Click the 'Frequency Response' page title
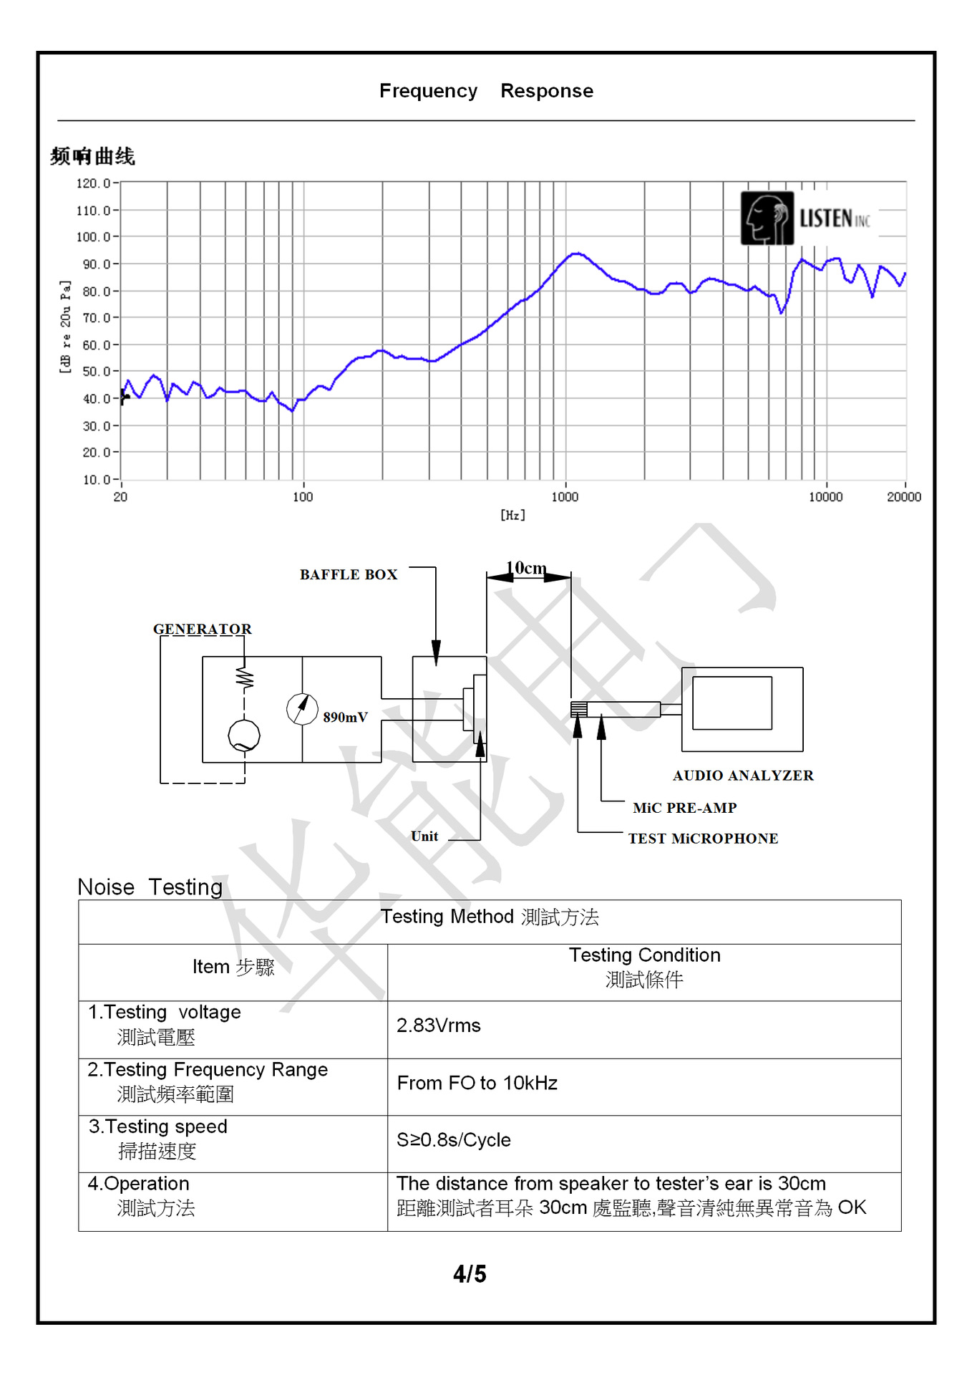tap(486, 91)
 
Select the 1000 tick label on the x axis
tap(565, 497)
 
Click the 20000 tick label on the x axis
tap(904, 497)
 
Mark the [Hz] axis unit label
tap(512, 515)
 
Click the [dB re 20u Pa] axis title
tap(65, 327)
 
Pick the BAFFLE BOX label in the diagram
tap(349, 574)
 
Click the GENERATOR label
tap(203, 629)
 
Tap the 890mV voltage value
tap(345, 717)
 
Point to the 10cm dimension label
tap(527, 568)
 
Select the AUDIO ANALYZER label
tap(743, 775)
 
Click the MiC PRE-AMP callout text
tap(684, 808)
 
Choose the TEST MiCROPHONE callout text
tap(703, 839)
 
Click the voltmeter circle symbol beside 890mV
tap(302, 709)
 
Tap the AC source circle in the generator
tap(244, 735)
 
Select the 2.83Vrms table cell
tap(439, 1026)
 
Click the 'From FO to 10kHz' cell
tap(477, 1083)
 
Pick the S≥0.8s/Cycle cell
tap(454, 1140)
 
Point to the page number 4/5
tap(470, 1274)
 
